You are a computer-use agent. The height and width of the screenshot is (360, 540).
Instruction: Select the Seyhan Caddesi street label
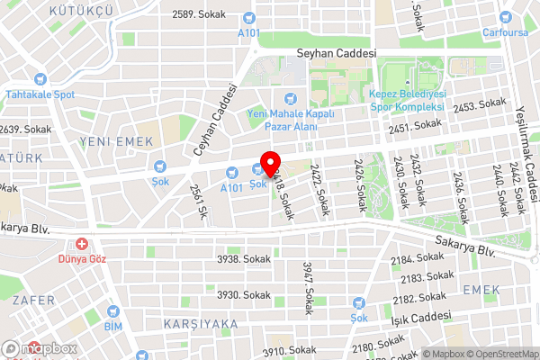click(336, 54)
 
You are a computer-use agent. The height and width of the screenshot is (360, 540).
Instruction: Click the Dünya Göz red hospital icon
click(82, 243)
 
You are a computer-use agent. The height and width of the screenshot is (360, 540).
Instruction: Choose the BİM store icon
click(112, 308)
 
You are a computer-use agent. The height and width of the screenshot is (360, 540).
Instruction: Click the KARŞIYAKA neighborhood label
click(200, 322)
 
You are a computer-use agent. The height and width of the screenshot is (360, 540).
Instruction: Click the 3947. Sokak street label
click(308, 282)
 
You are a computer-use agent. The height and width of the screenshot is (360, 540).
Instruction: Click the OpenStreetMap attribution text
click(501, 353)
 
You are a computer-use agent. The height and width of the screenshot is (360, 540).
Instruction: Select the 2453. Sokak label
click(481, 106)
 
